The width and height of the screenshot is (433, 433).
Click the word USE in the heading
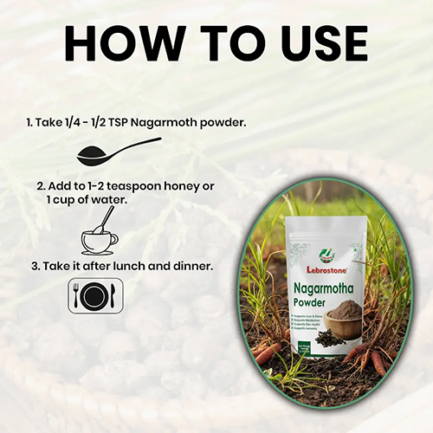click(x=312, y=42)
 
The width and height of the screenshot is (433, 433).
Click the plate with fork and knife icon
click(x=94, y=295)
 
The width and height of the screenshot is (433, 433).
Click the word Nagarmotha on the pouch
click(x=326, y=284)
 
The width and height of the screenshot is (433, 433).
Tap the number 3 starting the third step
click(x=34, y=264)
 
